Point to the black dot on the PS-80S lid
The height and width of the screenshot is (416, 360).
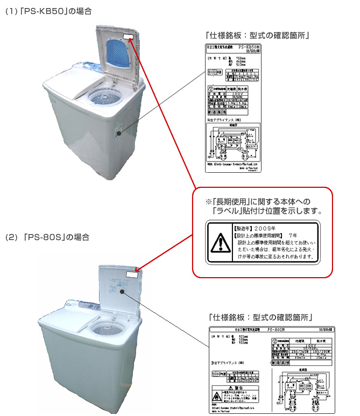coord(123,292)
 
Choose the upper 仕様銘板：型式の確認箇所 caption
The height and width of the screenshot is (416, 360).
coord(259,36)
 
